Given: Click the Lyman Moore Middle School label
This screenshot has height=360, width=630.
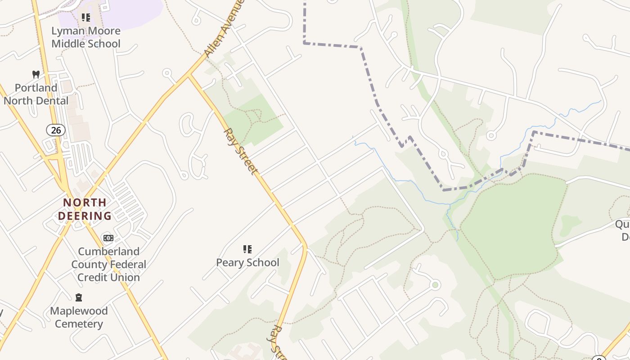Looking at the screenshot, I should coord(86,37).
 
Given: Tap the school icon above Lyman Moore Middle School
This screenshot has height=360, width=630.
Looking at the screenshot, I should coord(85,18).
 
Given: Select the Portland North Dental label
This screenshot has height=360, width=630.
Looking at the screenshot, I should coord(36,94).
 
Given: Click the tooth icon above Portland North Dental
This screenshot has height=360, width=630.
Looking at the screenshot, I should coord(36,74).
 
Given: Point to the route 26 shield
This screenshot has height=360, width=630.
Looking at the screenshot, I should coord(56,130).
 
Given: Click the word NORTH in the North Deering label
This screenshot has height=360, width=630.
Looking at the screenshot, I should coord(85,202).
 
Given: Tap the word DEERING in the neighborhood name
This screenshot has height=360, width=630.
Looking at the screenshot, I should coord(85,216).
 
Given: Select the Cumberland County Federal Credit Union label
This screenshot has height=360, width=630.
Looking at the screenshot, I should coord(108,264).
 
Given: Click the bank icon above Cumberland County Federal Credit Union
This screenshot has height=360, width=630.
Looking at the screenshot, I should coord(108,238).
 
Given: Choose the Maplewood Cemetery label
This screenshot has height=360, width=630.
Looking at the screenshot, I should coord(79,317).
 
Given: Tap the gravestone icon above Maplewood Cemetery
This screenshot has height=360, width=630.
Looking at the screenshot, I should coord(79,297).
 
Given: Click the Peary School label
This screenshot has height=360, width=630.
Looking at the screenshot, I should coord(247,262).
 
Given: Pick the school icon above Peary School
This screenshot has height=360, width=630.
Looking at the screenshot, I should coord(247,249).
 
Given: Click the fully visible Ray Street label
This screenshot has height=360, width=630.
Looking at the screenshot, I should coord(241,152).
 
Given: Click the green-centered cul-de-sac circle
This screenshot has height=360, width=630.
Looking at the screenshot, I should coord(435,284).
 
